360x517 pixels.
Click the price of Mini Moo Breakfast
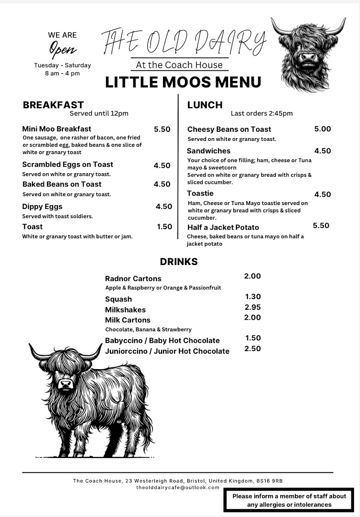(x=162, y=129)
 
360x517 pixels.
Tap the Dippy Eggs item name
(x=42, y=206)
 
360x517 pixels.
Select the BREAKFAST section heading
(x=53, y=105)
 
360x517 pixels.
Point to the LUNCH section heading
(x=205, y=105)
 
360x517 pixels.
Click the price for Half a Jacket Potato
(x=321, y=226)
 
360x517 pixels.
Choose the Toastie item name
(x=200, y=193)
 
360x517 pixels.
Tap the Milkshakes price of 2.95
(x=253, y=307)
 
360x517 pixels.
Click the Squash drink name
(x=119, y=299)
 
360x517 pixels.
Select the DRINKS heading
(x=179, y=262)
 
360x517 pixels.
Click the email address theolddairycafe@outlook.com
(x=178, y=487)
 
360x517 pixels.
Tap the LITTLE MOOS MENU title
(x=183, y=82)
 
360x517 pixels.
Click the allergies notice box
(x=289, y=500)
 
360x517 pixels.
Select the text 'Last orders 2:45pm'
(x=262, y=114)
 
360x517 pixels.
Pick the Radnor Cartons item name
(x=133, y=278)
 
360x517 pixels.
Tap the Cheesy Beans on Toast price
(x=322, y=129)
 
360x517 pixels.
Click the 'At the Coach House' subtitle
(x=179, y=65)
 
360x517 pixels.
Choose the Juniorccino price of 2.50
(x=253, y=349)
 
